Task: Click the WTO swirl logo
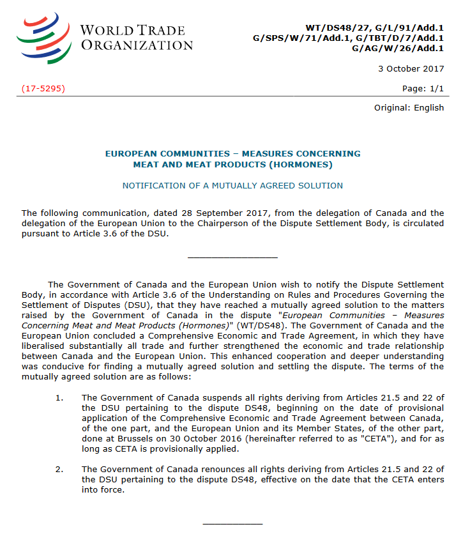coord(43,37)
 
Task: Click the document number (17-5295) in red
coord(43,88)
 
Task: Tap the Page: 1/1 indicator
coord(423,88)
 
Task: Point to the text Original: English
coord(409,107)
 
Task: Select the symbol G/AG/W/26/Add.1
coord(398,48)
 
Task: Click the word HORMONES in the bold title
coord(300,164)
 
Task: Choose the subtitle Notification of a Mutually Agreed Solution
coord(232,185)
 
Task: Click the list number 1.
coord(59,397)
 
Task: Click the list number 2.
coord(59,470)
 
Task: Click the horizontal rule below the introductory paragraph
coord(232,257)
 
